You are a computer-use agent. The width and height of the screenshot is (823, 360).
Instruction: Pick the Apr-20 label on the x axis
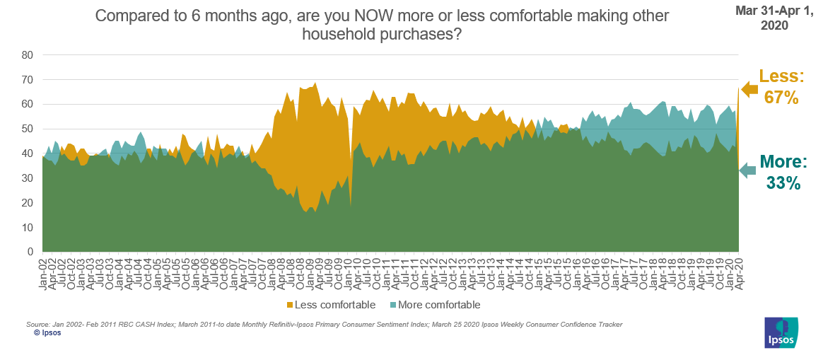tap(737, 272)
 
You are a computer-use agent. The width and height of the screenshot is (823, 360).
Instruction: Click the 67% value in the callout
tap(781, 98)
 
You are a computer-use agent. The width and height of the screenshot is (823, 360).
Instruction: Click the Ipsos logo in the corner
tap(781, 333)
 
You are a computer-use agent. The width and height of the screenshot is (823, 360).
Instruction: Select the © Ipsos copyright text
tap(47, 332)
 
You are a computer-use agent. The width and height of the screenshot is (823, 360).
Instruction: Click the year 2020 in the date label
tap(776, 25)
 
